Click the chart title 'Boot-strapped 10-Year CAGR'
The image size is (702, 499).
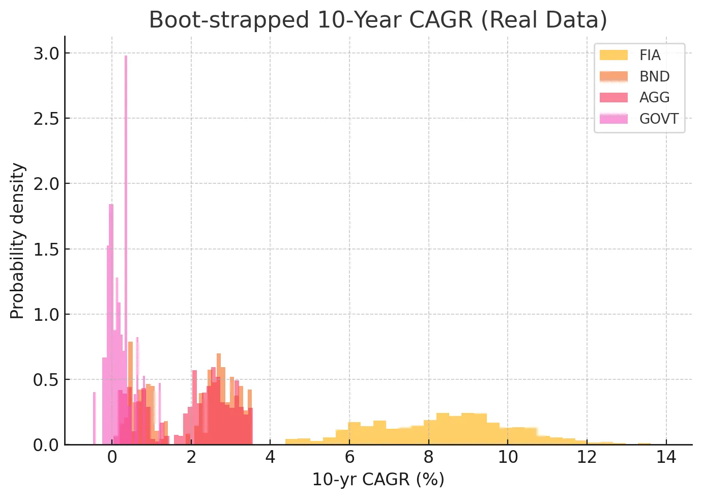[x=378, y=20]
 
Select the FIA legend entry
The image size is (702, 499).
[x=650, y=55]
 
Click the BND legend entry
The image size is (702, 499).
[x=654, y=76]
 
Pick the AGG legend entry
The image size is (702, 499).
[x=654, y=97]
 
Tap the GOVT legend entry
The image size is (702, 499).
[x=659, y=119]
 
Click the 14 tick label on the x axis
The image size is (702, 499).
[x=666, y=457]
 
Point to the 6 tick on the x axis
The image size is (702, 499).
[x=349, y=457]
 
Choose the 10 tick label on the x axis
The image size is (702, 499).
[x=508, y=457]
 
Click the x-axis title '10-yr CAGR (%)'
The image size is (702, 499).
[x=378, y=480]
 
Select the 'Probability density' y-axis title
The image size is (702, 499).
[x=17, y=241]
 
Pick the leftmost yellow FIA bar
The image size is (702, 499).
[x=291, y=441]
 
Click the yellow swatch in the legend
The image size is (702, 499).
[x=613, y=55]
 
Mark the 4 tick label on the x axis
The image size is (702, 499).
[x=270, y=457]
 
